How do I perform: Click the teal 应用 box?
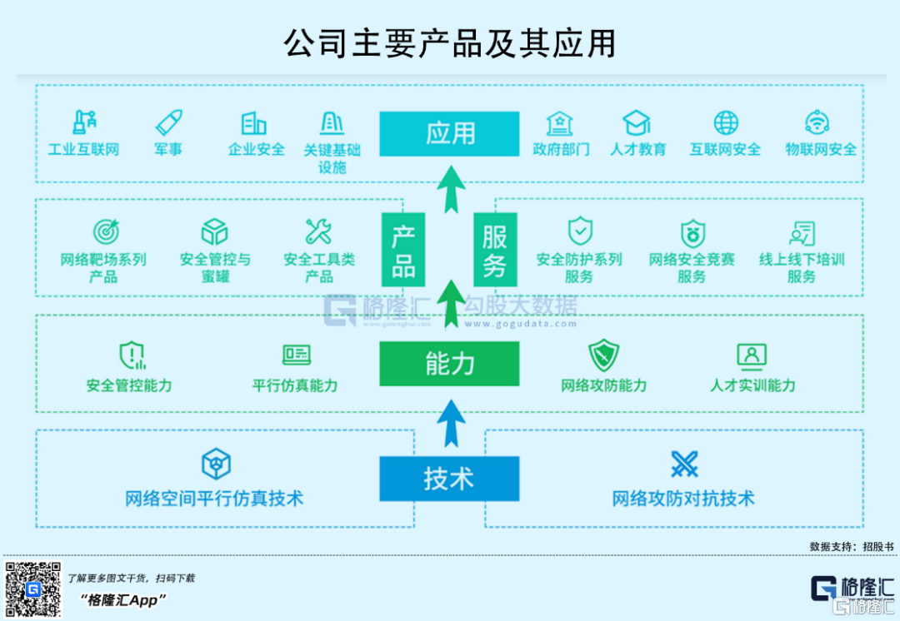tap(449, 133)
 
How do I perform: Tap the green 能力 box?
tap(449, 364)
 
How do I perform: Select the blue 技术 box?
tap(449, 479)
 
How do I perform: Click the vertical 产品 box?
tap(403, 250)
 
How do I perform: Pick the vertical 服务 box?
tap(495, 250)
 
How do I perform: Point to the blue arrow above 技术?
tap(451, 423)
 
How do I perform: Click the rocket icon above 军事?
tap(168, 122)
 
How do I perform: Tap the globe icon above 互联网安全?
tap(726, 122)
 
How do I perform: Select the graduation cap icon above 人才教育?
tap(637, 122)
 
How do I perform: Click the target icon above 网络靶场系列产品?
tap(106, 231)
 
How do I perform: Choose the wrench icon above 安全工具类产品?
tap(318, 231)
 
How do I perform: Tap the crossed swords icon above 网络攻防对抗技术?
tap(685, 464)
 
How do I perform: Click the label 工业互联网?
tap(84, 150)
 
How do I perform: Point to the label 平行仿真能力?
tap(295, 385)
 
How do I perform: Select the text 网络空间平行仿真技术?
tap(214, 499)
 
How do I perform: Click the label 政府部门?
tap(561, 150)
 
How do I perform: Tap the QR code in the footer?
tap(32, 589)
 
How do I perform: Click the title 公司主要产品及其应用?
tap(450, 43)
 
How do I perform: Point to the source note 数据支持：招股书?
tap(852, 546)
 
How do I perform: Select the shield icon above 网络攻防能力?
tap(604, 355)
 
